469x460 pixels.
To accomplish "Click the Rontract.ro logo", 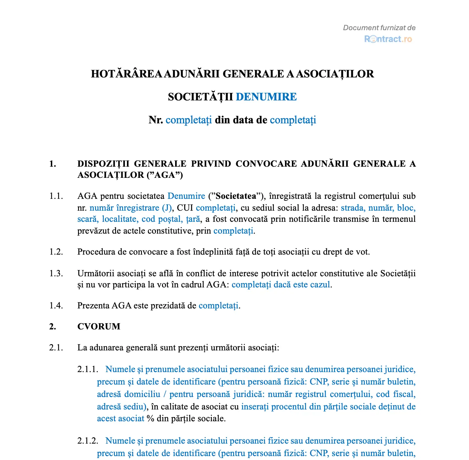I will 388,39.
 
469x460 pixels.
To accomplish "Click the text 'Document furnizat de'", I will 379,28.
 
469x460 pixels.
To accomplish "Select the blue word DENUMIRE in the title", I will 266,97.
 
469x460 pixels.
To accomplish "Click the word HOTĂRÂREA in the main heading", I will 126,74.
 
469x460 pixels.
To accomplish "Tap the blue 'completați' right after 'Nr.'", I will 189,120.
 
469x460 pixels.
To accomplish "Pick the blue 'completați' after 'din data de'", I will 293,120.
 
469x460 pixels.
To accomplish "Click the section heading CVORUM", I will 99,326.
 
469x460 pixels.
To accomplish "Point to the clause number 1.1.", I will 56,196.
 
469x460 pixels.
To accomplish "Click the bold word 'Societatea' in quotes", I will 236,196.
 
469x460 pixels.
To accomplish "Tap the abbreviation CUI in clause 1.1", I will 185,208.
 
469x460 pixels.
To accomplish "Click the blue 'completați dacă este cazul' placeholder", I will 281,284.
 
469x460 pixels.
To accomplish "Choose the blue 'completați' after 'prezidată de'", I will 218,305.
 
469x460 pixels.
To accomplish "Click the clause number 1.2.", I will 56,252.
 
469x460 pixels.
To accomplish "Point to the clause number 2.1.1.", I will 88,369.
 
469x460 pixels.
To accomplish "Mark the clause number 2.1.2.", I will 88,441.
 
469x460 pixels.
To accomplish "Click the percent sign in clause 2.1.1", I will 151,419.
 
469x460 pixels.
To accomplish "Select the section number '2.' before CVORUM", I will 52,326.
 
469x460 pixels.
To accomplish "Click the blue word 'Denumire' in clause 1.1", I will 186,196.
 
